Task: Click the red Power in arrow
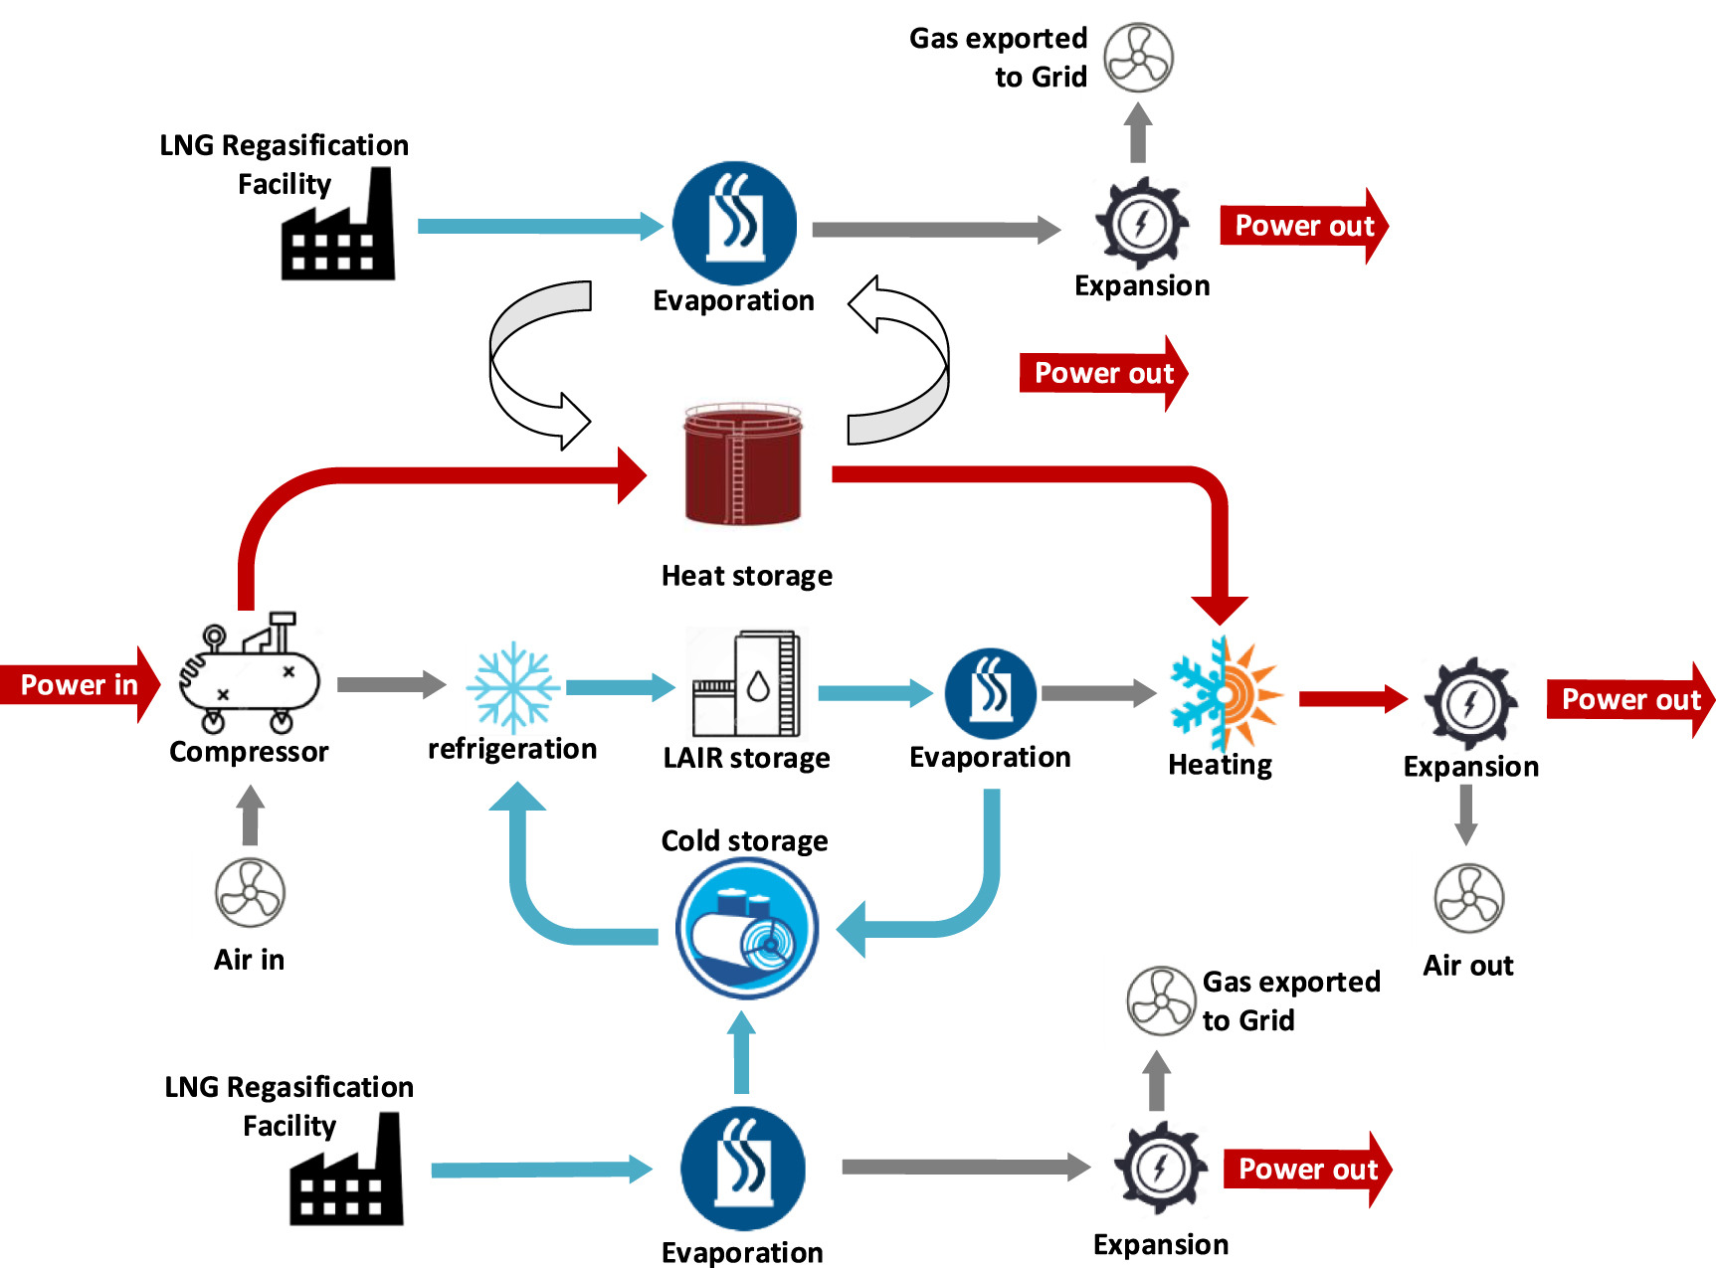point(78,684)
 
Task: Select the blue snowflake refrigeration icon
point(512,687)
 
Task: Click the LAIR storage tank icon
point(747,683)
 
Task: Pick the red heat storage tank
point(743,464)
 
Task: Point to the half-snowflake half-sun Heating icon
point(1225,693)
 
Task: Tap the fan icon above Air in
point(251,892)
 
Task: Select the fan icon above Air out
point(1469,898)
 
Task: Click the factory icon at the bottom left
point(347,1175)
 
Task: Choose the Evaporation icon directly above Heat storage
point(734,223)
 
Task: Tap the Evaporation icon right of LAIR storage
point(990,693)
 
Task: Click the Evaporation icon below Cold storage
point(743,1169)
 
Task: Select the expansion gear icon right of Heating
point(1470,703)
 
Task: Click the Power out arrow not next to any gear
point(1102,373)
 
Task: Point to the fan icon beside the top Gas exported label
point(1139,58)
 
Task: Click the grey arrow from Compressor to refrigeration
point(390,684)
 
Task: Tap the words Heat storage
point(746,576)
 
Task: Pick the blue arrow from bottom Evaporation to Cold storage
point(741,1052)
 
